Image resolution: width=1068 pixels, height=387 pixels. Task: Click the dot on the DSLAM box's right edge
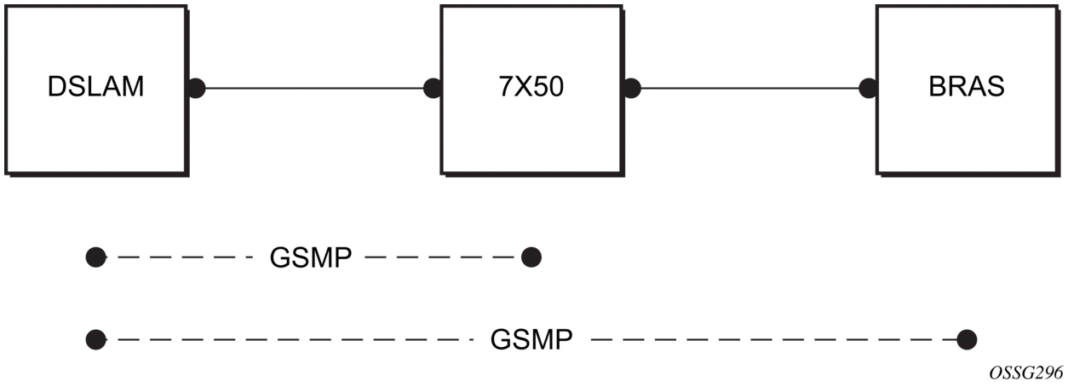(x=197, y=88)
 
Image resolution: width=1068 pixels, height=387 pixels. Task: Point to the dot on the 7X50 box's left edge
(x=433, y=88)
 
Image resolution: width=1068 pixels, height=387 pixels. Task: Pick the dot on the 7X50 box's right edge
(x=632, y=88)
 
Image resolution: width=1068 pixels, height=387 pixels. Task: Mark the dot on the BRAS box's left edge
(x=869, y=88)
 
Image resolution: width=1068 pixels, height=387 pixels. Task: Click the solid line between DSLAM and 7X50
(x=314, y=88)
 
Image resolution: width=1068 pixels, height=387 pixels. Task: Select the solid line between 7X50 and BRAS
(x=750, y=88)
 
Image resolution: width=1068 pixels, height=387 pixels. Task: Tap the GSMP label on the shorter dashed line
(x=311, y=257)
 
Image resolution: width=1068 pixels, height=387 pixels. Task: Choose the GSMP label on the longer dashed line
(x=531, y=341)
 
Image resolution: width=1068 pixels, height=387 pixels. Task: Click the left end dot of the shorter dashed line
(x=96, y=257)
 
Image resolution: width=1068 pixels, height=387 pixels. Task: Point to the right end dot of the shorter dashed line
(x=531, y=257)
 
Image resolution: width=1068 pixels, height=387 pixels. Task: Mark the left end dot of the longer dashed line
(x=96, y=341)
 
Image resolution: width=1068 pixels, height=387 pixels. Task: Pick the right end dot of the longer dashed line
(x=967, y=341)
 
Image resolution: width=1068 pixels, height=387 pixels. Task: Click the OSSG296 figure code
(x=1025, y=373)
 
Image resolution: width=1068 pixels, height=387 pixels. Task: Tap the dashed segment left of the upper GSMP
(x=183, y=257)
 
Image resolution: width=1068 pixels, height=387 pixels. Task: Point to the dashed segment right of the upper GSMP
(x=439, y=257)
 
